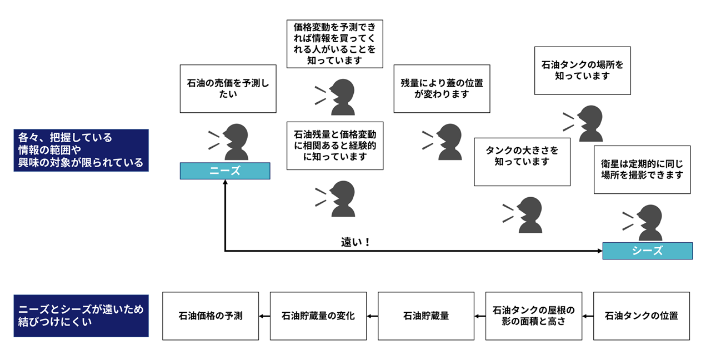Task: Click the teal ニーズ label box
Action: (225, 171)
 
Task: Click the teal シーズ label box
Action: (648, 251)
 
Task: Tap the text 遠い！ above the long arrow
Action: (355, 242)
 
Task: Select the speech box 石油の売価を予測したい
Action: (228, 88)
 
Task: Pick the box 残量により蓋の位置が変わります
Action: (442, 88)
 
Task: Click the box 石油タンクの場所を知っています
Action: (583, 71)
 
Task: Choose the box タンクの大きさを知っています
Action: (522, 162)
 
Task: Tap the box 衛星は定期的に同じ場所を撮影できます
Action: (642, 169)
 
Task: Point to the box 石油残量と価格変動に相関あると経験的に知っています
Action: (335, 146)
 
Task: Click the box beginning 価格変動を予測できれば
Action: (335, 44)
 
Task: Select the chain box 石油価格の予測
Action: (211, 316)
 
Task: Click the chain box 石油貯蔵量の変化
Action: (318, 316)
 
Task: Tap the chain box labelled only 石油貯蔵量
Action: (426, 316)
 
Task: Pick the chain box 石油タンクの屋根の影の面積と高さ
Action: (534, 316)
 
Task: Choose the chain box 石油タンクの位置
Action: (642, 316)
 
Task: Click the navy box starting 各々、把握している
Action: (81, 150)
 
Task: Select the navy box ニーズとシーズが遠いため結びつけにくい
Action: (81, 316)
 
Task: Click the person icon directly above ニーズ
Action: (228, 142)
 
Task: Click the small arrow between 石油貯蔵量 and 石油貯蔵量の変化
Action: (372, 316)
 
